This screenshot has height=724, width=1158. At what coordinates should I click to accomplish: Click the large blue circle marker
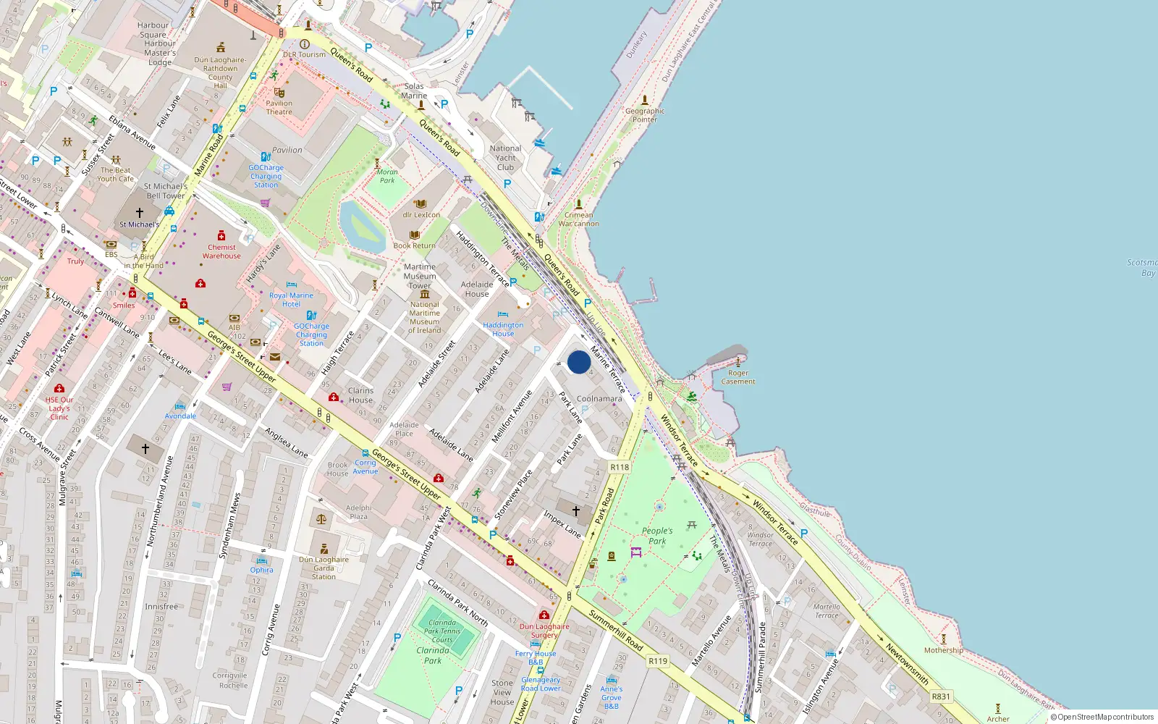(x=579, y=362)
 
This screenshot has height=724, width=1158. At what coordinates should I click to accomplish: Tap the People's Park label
(x=657, y=536)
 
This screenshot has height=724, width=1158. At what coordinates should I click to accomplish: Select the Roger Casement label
(x=738, y=377)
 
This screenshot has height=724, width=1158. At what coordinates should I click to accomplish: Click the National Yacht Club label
(x=505, y=158)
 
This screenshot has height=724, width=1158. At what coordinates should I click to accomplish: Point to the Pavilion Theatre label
(x=279, y=107)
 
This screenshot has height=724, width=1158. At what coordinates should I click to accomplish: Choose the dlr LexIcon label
(x=421, y=214)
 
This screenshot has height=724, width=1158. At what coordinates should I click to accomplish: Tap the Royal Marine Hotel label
(x=291, y=300)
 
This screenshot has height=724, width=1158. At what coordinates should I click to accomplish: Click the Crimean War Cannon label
(x=579, y=219)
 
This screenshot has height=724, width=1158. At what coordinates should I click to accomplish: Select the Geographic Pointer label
(x=645, y=115)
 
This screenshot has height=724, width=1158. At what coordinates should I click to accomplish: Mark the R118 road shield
(x=620, y=467)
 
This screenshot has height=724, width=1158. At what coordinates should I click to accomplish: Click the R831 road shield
(x=941, y=696)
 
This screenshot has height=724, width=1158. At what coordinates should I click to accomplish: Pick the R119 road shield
(x=658, y=661)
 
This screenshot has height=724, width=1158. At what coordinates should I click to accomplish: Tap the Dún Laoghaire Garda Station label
(x=324, y=568)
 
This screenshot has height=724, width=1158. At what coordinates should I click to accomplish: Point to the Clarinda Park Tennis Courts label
(x=442, y=631)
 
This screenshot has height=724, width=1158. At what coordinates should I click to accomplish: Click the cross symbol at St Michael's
(x=140, y=213)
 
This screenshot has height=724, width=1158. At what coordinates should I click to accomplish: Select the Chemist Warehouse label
(x=221, y=251)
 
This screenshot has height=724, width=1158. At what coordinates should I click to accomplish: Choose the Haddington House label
(x=503, y=329)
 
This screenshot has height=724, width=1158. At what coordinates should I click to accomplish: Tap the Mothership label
(x=943, y=650)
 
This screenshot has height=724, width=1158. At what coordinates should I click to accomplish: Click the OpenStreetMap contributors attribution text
(x=1102, y=717)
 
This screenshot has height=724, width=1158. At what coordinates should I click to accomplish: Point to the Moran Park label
(x=387, y=176)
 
